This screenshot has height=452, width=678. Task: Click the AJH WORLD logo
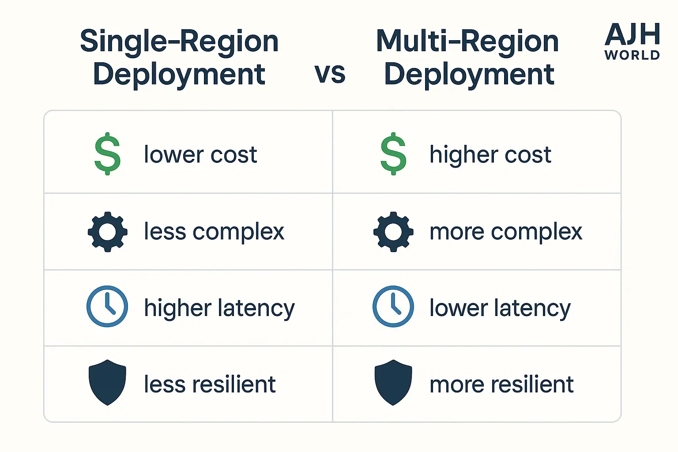click(x=632, y=41)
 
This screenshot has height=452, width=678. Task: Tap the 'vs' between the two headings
click(x=330, y=74)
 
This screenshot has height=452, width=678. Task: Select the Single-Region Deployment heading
click(x=179, y=57)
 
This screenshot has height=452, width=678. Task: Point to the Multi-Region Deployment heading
click(x=467, y=57)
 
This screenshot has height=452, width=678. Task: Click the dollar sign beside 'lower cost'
click(x=107, y=154)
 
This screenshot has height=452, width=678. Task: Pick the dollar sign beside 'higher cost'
click(x=393, y=154)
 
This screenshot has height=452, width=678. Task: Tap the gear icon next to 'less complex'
click(x=107, y=232)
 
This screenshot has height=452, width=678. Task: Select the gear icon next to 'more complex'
click(x=393, y=232)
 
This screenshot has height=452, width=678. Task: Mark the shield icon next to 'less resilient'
click(x=107, y=383)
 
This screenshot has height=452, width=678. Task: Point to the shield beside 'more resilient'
click(x=393, y=383)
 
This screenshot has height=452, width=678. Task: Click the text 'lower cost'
click(x=201, y=154)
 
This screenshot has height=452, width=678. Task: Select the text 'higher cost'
click(x=491, y=155)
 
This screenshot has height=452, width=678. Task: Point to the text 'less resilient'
click(x=210, y=384)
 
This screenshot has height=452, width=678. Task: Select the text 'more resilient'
click(x=502, y=384)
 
